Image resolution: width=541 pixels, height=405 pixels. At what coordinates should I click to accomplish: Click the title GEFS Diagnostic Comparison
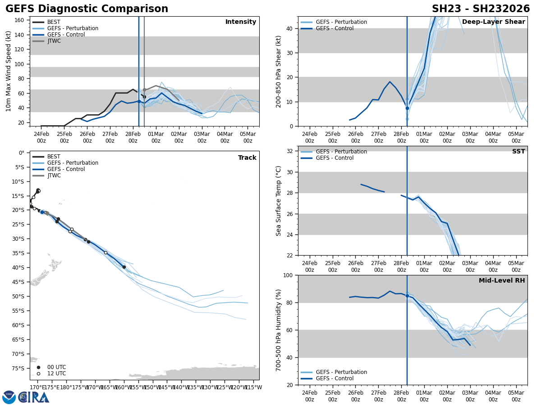click(x=87, y=9)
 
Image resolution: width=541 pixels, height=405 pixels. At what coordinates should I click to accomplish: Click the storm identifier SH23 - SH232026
click(x=481, y=9)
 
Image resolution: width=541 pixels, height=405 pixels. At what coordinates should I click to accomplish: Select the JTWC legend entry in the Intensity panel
click(x=54, y=41)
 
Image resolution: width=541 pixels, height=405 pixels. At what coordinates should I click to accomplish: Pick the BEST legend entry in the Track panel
click(x=54, y=157)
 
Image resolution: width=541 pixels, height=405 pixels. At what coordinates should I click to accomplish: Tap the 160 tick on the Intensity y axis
click(x=20, y=20)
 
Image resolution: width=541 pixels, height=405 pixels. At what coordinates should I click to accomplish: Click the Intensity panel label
click(x=240, y=22)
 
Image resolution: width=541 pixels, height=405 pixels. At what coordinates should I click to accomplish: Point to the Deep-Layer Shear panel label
click(x=493, y=22)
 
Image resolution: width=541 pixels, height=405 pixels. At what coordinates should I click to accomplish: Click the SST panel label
click(x=518, y=152)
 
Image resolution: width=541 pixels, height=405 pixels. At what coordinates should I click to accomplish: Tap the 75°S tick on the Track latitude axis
click(x=18, y=368)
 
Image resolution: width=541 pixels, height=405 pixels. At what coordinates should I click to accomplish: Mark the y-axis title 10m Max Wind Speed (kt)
click(x=8, y=71)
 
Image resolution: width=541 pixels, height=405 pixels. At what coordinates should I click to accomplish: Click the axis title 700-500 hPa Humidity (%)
click(x=279, y=330)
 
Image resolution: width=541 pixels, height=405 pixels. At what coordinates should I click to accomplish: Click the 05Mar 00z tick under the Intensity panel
click(x=248, y=137)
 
